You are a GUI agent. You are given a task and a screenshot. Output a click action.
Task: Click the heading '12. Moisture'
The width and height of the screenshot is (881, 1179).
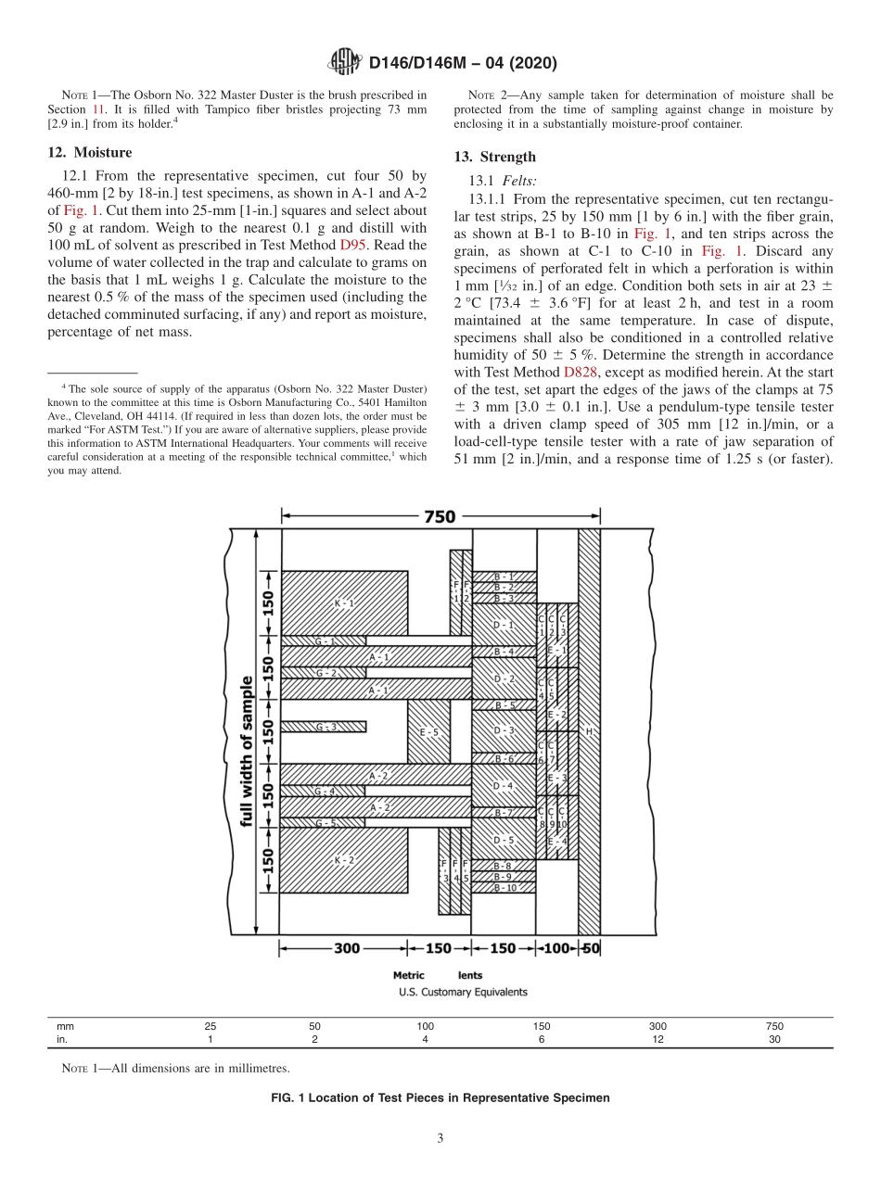pos(89,153)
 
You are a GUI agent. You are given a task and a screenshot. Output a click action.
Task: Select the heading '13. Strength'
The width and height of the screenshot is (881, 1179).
pos(494,158)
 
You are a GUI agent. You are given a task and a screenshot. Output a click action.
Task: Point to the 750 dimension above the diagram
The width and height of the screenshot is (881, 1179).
pos(440,516)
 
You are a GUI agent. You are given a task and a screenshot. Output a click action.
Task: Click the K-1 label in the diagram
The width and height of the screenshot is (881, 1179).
pos(344,603)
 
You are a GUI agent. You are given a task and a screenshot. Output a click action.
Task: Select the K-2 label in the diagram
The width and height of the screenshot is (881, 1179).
pos(344,860)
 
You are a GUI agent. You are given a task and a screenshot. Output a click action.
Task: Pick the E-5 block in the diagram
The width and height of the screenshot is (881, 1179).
pos(428,732)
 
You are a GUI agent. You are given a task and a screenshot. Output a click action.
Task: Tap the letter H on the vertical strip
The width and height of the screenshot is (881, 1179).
pos(588,731)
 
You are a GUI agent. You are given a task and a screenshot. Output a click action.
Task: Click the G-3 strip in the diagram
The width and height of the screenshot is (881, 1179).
pos(325,727)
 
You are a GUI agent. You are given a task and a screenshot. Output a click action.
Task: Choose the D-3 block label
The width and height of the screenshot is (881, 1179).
pos(504,730)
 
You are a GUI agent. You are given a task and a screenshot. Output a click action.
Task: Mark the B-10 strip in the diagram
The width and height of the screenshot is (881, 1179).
pos(504,888)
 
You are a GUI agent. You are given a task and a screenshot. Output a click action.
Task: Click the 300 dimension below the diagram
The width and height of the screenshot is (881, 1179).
pos(346,948)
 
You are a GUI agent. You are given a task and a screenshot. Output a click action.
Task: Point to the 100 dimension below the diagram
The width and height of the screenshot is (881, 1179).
pos(556,948)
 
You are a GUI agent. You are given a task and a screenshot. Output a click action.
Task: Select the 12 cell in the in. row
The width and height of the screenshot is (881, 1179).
pos(658,1040)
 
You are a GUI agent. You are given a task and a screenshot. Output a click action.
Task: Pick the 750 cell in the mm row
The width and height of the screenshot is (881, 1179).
pos(774,1026)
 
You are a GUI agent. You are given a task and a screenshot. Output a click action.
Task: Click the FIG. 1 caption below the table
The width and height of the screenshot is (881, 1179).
pos(440,1097)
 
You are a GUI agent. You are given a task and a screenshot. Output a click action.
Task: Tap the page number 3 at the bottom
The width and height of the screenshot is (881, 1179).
pos(440,1138)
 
